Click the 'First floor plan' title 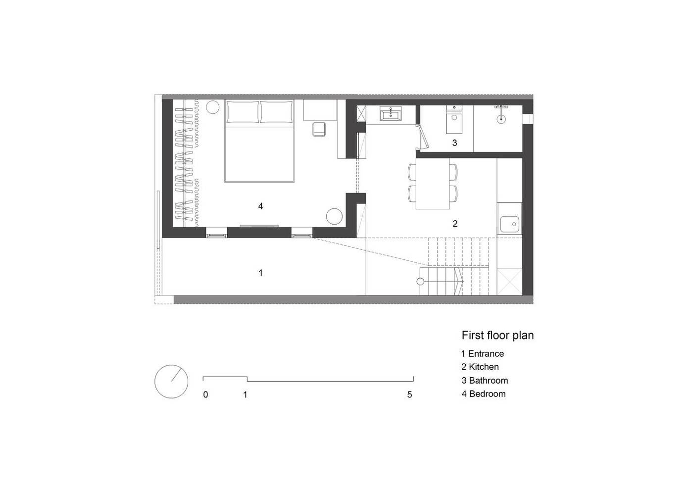click(x=497, y=336)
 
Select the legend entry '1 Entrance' click(x=483, y=354)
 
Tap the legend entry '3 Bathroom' click(x=485, y=381)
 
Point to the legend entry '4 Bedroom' click(x=484, y=393)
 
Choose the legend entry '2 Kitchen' click(x=480, y=367)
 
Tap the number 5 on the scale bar click(x=409, y=394)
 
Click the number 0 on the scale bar click(x=205, y=394)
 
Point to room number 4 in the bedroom click(x=260, y=206)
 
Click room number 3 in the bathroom click(x=454, y=143)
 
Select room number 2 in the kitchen click(x=455, y=224)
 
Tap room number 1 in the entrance click(x=261, y=273)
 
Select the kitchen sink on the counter click(x=509, y=224)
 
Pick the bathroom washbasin click(x=390, y=114)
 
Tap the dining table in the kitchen click(x=433, y=184)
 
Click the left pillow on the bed click(x=243, y=111)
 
